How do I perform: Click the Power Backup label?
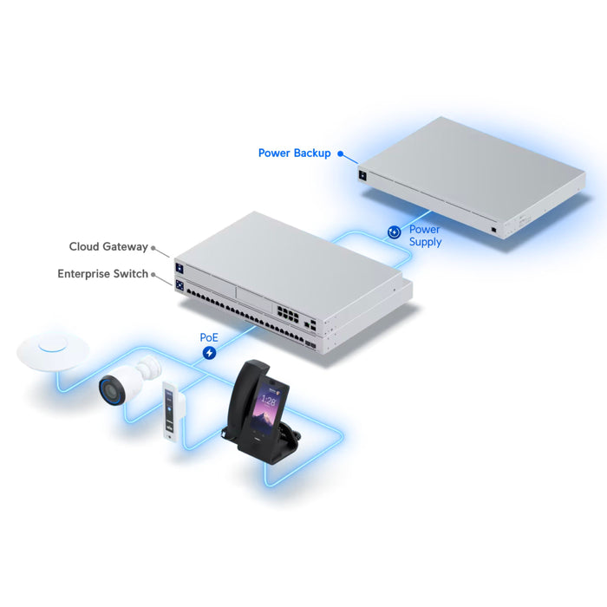(294, 153)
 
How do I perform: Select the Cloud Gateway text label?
(108, 246)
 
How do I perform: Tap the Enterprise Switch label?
(102, 274)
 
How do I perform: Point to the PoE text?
(209, 337)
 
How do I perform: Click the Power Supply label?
(425, 235)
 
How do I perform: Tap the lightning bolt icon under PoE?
(210, 353)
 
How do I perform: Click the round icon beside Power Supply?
(394, 232)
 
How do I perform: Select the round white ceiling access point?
(53, 350)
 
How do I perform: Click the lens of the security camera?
(109, 391)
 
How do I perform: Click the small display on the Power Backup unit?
(362, 175)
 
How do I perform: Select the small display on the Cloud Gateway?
(179, 268)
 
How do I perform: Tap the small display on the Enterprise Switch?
(179, 285)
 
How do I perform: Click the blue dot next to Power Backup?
(340, 153)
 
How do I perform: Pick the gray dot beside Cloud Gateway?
(153, 248)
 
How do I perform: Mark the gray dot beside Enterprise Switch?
(153, 275)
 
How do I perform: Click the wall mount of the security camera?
(148, 367)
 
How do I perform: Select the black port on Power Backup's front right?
(493, 230)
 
